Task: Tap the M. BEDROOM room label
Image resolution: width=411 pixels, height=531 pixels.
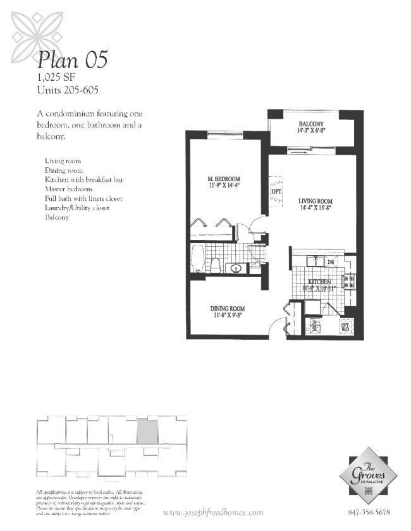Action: coord(223,179)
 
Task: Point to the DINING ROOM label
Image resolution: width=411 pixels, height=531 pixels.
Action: coord(227,309)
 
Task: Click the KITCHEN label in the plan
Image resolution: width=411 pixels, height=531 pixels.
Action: coord(320,282)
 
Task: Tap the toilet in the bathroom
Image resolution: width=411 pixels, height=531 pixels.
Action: coord(214,264)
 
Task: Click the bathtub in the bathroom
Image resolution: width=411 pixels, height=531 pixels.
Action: coord(197,259)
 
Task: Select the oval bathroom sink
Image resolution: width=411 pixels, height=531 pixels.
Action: coord(235,267)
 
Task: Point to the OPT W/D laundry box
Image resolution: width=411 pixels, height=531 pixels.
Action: coord(346,326)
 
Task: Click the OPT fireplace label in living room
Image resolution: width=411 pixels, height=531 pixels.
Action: coord(276,191)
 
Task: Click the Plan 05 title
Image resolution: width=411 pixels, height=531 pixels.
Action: coord(72,59)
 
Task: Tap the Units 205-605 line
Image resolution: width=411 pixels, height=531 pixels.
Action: coord(68,90)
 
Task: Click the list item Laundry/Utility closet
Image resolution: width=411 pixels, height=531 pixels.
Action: coord(77,208)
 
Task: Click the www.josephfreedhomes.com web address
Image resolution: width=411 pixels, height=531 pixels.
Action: coord(214,512)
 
